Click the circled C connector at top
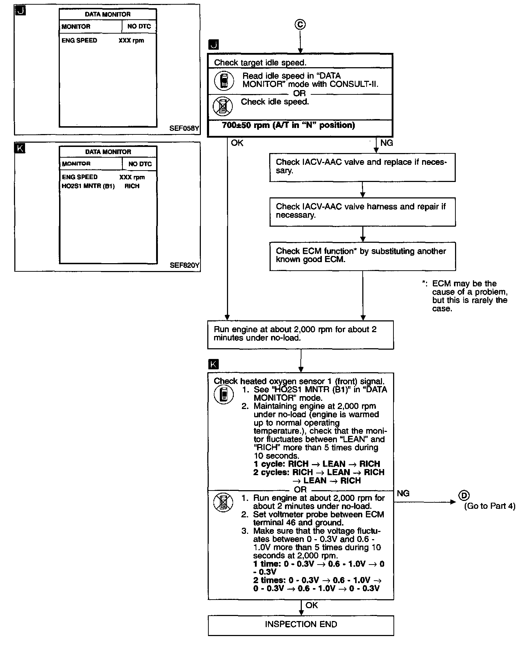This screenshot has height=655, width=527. coord(300,24)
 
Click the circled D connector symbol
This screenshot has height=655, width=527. coord(464,496)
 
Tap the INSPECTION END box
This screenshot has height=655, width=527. coord(301,625)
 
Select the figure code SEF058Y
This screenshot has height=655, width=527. coord(184,128)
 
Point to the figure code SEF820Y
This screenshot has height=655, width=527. coord(184,265)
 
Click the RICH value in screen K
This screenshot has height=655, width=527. coord(132,186)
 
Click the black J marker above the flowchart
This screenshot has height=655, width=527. coord(213,45)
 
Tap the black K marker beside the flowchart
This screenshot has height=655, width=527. coord(213,364)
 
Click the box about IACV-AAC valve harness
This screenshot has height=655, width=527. coord(362,211)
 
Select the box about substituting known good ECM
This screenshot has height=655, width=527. coord(362,256)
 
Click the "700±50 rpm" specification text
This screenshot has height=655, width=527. coord(288,125)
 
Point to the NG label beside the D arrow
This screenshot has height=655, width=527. coord(403,493)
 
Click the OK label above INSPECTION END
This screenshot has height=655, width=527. coord(312,605)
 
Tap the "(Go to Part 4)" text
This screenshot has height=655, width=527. coord(489,506)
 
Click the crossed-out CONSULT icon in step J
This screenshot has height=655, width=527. coord(223,106)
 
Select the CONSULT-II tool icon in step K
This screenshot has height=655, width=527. coord(224,395)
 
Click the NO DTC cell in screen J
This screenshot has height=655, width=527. coord(139,26)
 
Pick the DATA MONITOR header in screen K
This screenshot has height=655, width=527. coord(108,152)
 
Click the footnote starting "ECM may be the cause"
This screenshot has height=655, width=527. coord(469,296)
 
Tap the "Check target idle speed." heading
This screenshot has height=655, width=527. coord(260,63)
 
